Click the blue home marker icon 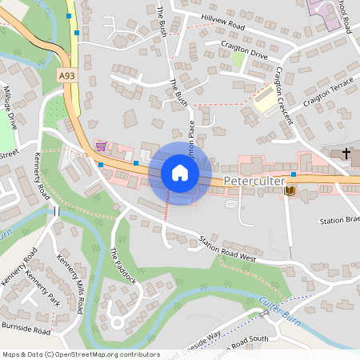(x=180, y=173)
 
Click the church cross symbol (x=346, y=152)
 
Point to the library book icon (x=289, y=190)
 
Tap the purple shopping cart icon (x=101, y=146)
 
